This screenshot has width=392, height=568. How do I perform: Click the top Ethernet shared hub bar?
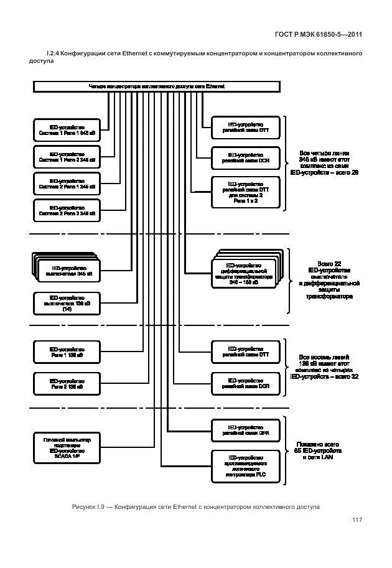coord(156,86)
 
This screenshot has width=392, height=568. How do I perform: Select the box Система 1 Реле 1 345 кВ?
coord(67,129)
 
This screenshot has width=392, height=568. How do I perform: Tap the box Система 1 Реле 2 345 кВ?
coord(67,157)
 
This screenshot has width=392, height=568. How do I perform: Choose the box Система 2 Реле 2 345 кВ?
coord(67,210)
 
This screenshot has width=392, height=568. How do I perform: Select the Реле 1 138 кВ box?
coord(67,353)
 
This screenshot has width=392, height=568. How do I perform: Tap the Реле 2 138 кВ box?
coord(67,383)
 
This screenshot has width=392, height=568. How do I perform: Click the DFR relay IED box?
coord(245,431)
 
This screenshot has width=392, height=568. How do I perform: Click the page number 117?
coord(357,520)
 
